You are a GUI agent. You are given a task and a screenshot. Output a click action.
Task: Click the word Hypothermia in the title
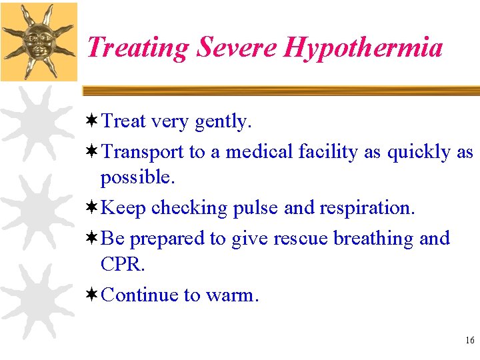[363, 48]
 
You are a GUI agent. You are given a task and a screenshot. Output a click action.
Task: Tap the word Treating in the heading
[137, 47]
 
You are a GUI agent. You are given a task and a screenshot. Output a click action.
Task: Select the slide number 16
[469, 341]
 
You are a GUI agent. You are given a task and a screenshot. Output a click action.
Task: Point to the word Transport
[143, 153]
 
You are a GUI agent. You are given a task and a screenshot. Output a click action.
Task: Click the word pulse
[255, 208]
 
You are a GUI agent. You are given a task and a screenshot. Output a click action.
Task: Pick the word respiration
[366, 208]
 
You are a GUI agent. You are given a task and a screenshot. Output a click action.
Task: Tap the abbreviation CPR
[121, 264]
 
